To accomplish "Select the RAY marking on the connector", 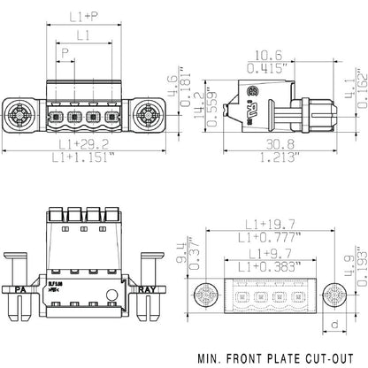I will pos(152,288).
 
